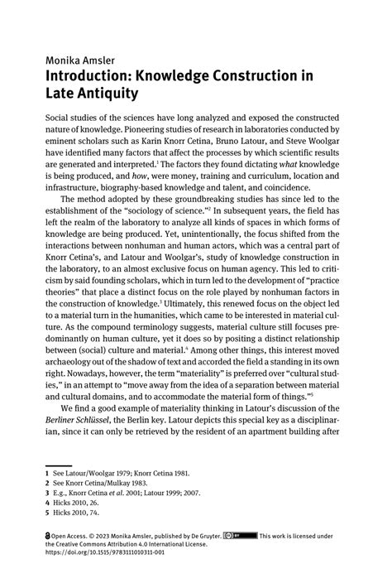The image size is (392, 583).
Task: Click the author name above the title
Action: [x=81, y=60]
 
